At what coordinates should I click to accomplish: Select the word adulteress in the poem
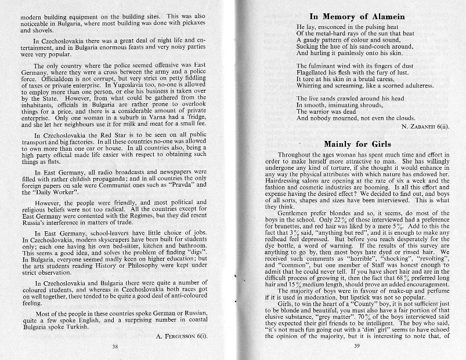pyautogui.click(x=415, y=85)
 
